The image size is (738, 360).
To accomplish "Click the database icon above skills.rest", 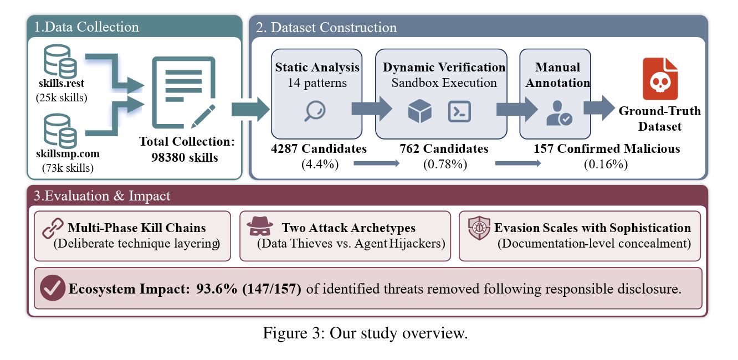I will coord(60,62).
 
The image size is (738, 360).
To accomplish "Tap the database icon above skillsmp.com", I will coord(60,131).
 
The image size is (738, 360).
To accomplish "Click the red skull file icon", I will coord(660,79).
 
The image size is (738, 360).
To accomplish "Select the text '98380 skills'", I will coord(184,157).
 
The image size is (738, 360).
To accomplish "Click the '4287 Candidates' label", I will coord(319,148).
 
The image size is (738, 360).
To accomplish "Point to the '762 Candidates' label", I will coord(444,148).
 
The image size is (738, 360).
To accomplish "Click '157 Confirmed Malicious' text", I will coord(607,148).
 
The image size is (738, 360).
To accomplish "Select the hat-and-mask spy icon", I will coord(260,228).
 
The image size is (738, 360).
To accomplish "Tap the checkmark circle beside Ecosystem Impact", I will coord(53,289).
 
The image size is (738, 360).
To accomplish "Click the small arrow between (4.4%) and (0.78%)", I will coord(376,163).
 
